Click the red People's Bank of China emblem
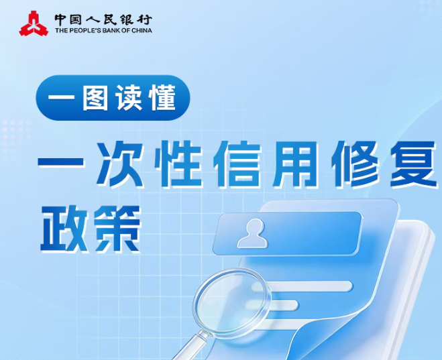coord(31,23)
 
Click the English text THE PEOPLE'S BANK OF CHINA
coord(103,30)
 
